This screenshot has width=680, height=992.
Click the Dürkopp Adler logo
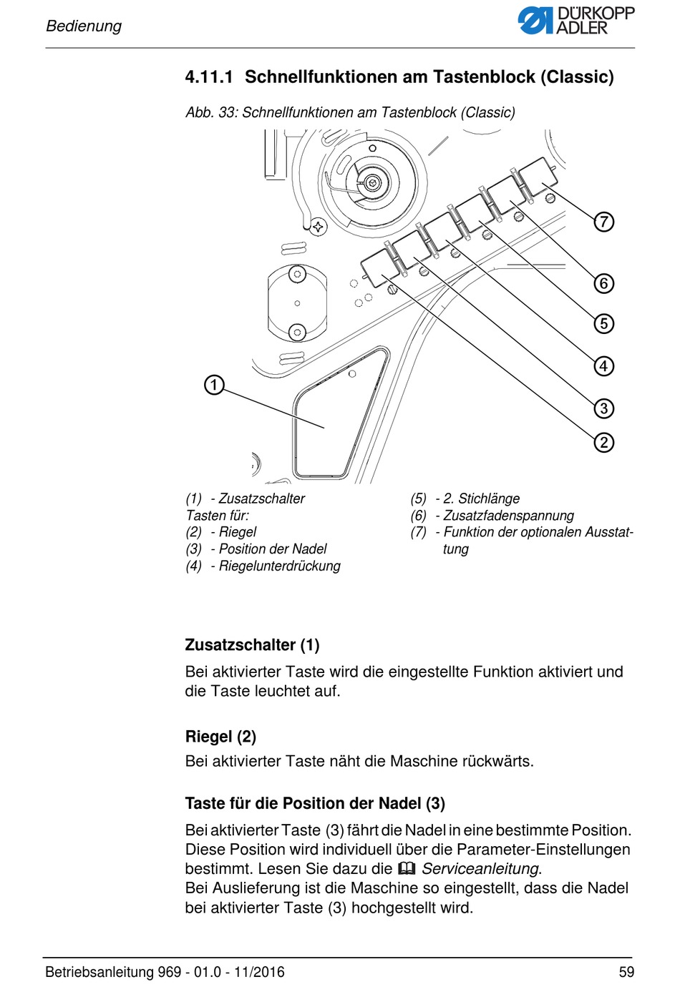point(575,21)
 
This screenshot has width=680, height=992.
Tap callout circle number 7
point(604,222)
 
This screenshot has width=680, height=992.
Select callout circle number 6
point(604,283)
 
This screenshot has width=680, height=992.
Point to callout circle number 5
point(604,323)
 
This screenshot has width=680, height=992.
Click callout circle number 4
point(604,366)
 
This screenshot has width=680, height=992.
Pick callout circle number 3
point(604,408)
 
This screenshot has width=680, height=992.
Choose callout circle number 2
point(604,443)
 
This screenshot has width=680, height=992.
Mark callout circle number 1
point(214,385)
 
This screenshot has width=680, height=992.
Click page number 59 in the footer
point(626,972)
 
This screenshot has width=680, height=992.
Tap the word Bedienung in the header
point(84,26)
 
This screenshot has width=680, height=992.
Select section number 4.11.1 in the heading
point(209,77)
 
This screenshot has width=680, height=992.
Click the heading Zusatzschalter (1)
point(252,645)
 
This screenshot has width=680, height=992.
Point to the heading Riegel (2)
point(220,737)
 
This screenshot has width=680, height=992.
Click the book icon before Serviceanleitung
point(407,869)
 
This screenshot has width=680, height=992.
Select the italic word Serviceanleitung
point(480,869)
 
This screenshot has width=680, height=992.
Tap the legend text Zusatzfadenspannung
point(508,516)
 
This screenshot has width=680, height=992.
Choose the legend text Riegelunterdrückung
point(279,566)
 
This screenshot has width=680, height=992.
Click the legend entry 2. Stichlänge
point(481,499)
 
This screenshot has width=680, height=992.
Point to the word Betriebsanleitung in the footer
point(99,972)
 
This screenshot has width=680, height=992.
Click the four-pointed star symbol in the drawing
point(317,227)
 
